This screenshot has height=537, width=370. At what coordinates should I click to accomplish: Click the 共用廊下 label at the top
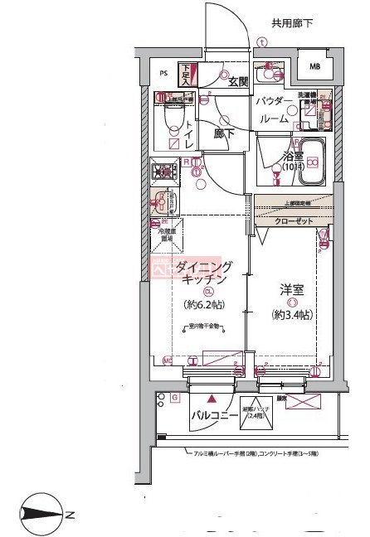coord(291,24)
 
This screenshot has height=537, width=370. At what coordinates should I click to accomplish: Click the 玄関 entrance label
coord(229,80)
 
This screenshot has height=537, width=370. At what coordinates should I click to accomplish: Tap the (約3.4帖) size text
coord(292,315)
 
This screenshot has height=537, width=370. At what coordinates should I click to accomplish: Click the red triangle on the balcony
coord(199,397)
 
